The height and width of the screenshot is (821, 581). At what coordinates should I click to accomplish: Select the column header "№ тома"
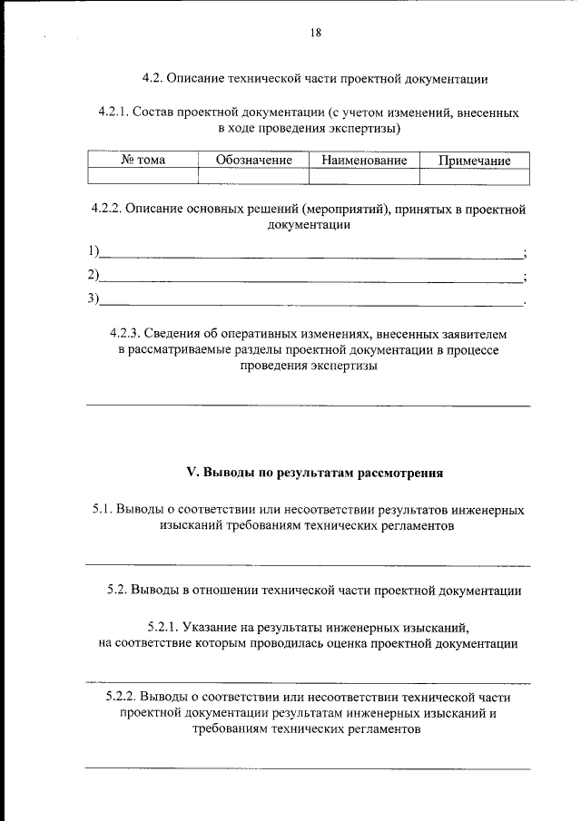pyautogui.click(x=143, y=161)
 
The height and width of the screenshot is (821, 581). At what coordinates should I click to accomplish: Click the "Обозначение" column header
pyautogui.click(x=254, y=161)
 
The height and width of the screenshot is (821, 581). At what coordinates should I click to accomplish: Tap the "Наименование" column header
pyautogui.click(x=364, y=161)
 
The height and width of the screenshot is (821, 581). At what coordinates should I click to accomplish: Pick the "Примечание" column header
pyautogui.click(x=474, y=161)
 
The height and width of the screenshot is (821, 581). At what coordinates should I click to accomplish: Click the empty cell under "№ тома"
pyautogui.click(x=143, y=176)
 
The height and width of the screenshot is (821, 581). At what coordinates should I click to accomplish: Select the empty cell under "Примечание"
pyautogui.click(x=474, y=176)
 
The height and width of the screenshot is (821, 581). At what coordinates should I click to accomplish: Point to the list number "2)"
pyautogui.click(x=94, y=275)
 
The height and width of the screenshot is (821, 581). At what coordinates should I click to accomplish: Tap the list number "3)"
pyautogui.click(x=94, y=298)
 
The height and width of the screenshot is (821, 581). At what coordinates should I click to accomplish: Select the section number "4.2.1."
pyautogui.click(x=113, y=113)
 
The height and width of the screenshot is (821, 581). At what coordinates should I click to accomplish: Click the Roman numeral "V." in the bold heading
pyautogui.click(x=192, y=472)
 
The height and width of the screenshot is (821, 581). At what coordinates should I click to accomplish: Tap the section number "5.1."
pyautogui.click(x=102, y=510)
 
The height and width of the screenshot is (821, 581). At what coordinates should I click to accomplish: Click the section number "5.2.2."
pyautogui.click(x=123, y=697)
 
